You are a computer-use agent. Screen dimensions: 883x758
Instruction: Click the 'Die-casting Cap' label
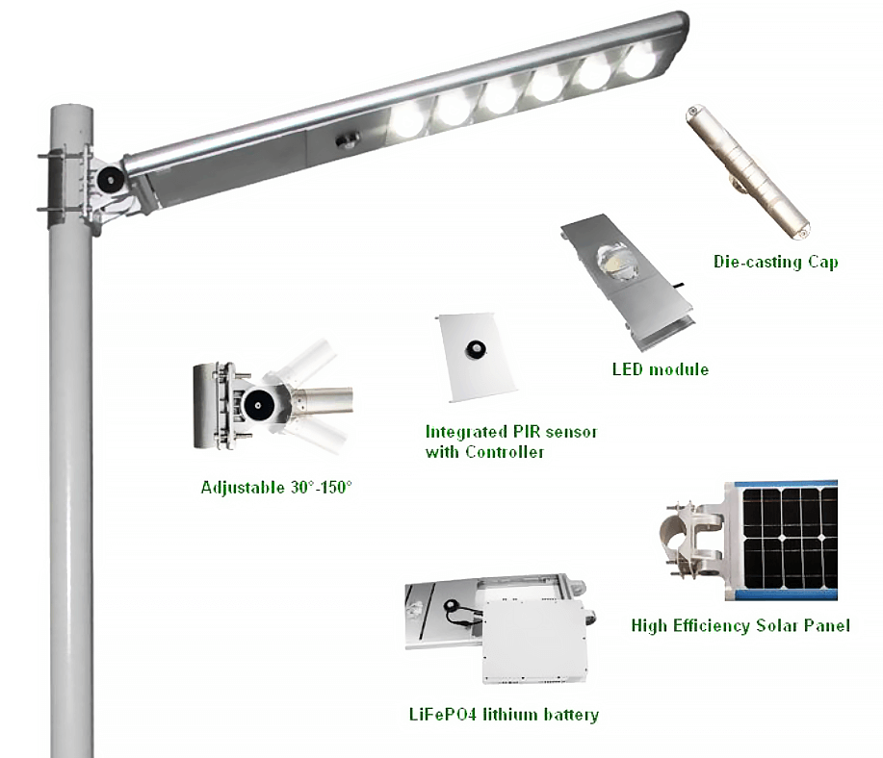[775, 263]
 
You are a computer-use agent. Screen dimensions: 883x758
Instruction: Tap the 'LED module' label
[660, 369]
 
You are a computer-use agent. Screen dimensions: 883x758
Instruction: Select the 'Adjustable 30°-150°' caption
[276, 488]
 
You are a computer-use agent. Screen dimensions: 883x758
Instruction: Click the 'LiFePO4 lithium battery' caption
[504, 715]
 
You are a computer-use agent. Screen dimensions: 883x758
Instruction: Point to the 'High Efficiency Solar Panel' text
[740, 626]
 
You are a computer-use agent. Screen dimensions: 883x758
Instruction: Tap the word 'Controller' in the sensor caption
[505, 452]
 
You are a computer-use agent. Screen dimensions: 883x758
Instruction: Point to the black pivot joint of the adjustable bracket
[258, 406]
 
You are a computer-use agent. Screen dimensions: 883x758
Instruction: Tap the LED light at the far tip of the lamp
[643, 61]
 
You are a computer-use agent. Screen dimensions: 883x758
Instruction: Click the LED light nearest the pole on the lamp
[410, 121]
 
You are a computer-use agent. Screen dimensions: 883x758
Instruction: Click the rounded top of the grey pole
[71, 111]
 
